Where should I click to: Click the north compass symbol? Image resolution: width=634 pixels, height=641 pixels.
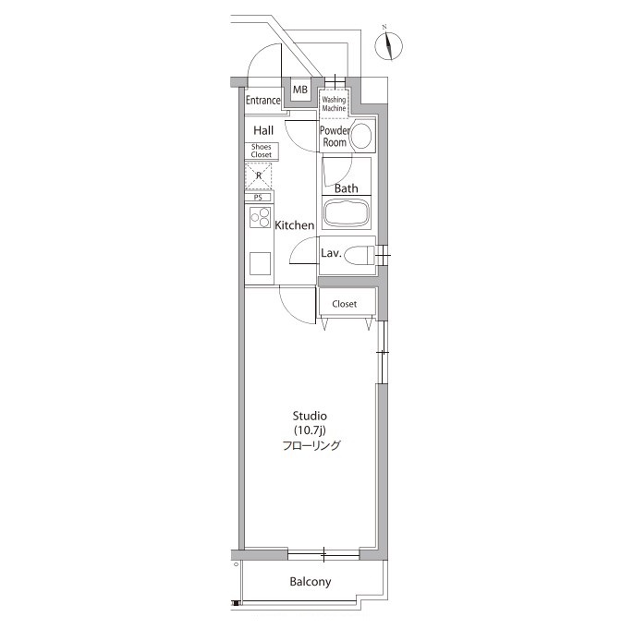pos(388,45)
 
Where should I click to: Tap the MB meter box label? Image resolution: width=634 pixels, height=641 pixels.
pos(300,89)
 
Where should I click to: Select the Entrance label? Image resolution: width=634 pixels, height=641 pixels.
pos(263,100)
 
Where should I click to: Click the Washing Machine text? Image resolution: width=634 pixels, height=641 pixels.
pos(334,103)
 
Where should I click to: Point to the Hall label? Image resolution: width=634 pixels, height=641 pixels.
pos(263,130)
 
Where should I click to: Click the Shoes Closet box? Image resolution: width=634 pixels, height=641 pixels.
pos(262,151)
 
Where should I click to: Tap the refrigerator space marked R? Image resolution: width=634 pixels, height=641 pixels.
pos(259,175)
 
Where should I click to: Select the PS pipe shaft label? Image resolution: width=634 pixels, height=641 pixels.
pos(258,198)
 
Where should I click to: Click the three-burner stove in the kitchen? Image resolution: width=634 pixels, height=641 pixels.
pos(260,217)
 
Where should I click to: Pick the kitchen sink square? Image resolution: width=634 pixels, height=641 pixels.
pos(260,263)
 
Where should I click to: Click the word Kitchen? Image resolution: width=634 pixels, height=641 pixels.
pos(295,225)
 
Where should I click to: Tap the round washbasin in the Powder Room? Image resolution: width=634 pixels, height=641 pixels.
pos(361,136)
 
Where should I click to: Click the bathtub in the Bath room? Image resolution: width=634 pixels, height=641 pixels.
pos(347,212)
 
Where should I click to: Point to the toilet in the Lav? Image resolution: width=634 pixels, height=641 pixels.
pos(360,256)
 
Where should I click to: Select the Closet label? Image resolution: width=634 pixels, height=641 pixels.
pos(345,304)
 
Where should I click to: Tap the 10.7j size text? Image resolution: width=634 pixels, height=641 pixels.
pos(310,430)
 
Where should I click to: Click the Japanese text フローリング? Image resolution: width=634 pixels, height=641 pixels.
pos(311,445)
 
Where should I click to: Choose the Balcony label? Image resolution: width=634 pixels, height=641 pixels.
pos(311,581)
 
